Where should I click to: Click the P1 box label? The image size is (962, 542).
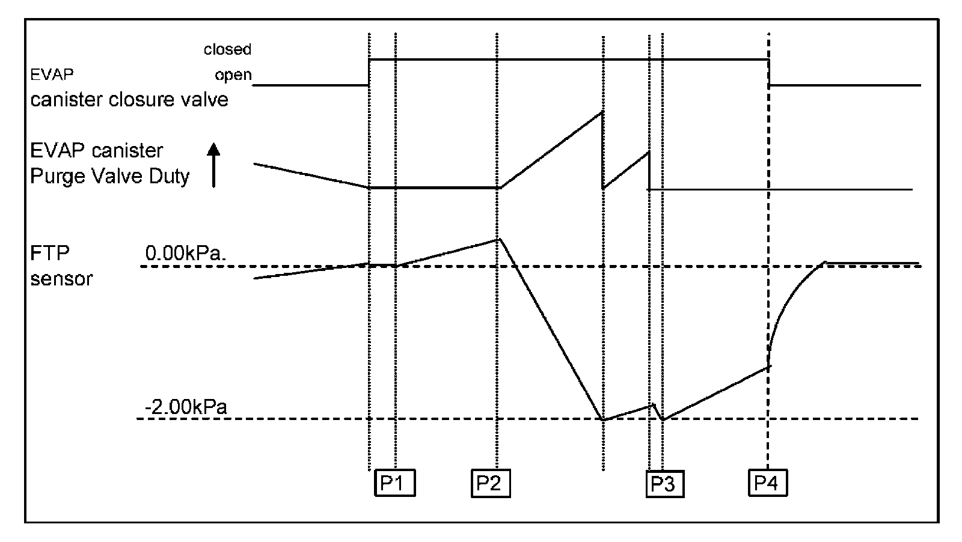pos(394,483)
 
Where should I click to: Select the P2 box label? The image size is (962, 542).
pos(490,483)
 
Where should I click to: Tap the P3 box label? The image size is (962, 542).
pos(664,484)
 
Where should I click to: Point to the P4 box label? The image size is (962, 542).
pos(767,483)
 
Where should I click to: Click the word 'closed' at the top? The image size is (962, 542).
pos(227,49)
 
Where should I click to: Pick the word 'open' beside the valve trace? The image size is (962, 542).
pos(233,76)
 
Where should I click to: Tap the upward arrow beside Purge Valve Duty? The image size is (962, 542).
pos(214,165)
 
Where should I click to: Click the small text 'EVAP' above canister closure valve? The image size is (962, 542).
pos(52,75)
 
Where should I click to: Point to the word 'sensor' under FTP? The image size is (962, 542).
pos(61,279)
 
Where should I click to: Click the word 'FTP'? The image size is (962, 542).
pos(50,253)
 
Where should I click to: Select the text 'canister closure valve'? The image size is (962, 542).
pos(129,99)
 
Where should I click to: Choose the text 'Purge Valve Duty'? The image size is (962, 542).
pos(110,176)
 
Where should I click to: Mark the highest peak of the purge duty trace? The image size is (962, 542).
pos(602,112)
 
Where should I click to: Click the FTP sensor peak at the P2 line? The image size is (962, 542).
pos(498,239)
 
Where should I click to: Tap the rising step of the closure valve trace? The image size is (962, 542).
pos(369,72)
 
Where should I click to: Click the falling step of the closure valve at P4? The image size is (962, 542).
pos(770,72)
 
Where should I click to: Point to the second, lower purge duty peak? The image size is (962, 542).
pos(649,151)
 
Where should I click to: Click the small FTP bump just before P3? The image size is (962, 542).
pos(653,405)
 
